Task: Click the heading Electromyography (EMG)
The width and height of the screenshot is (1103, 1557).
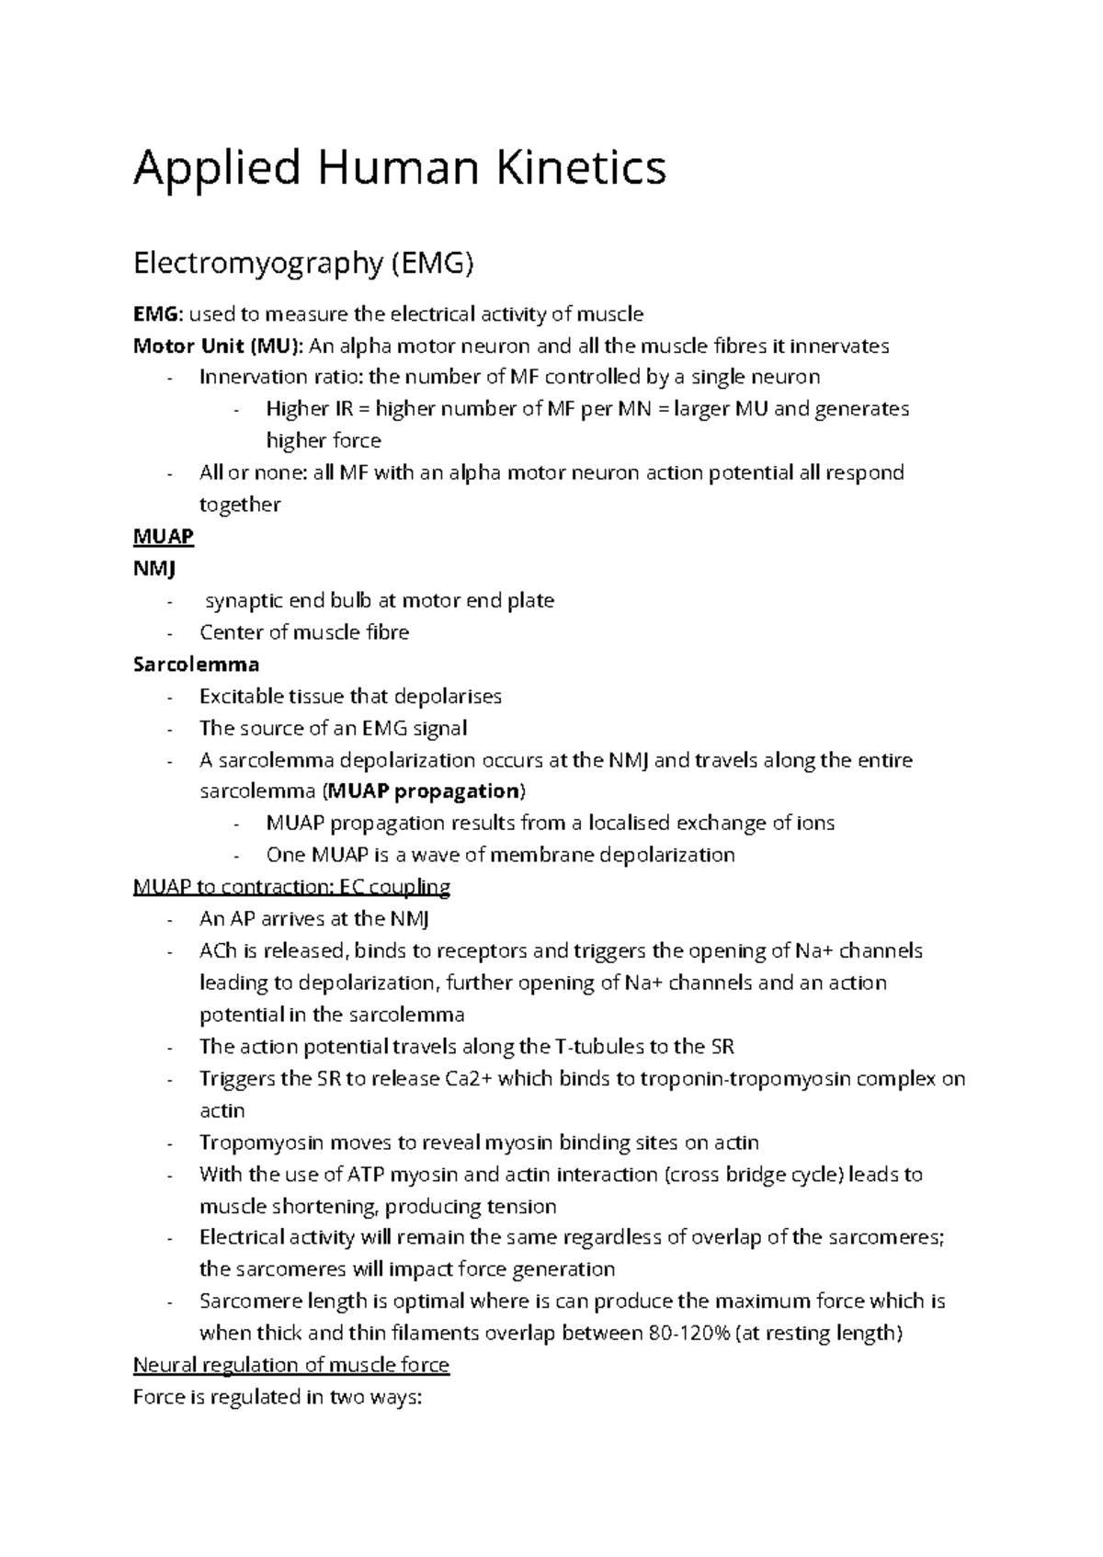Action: click(x=302, y=265)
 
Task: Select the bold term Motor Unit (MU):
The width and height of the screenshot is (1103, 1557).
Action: click(x=218, y=347)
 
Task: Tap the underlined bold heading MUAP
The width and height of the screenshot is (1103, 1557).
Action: click(x=163, y=537)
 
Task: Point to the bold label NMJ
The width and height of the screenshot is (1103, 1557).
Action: click(x=154, y=569)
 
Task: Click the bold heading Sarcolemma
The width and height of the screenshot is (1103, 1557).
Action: click(x=196, y=665)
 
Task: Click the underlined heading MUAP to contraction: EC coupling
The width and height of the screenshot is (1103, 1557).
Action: click(x=291, y=888)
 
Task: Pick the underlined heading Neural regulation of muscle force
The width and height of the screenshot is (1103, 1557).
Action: click(x=290, y=1366)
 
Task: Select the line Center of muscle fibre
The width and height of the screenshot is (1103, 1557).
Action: click(x=303, y=633)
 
